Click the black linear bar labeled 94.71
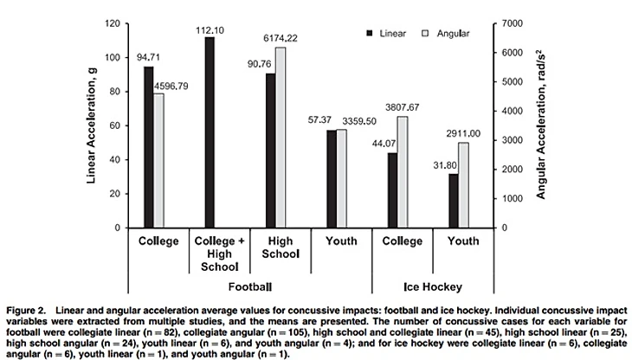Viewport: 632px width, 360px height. click(x=149, y=147)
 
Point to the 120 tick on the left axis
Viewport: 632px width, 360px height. click(x=110, y=23)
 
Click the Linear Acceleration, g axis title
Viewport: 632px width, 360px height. click(x=91, y=125)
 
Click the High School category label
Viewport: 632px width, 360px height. click(x=281, y=247)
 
